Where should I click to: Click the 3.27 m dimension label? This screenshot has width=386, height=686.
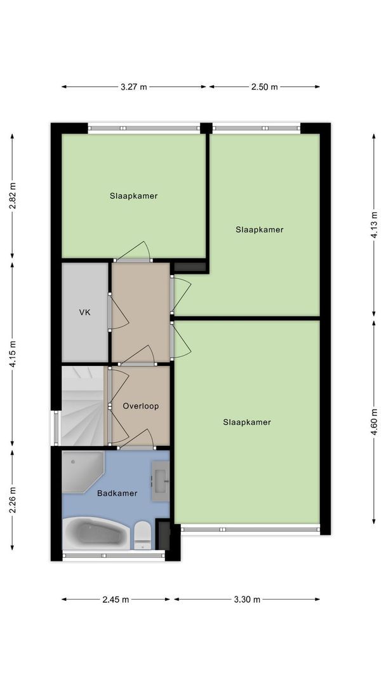click(x=133, y=87)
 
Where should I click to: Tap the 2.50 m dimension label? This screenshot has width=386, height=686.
click(x=265, y=87)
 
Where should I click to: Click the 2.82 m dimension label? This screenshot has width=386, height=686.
click(x=12, y=196)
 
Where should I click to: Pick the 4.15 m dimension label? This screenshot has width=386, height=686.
click(x=12, y=355)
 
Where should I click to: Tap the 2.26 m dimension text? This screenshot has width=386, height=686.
click(x=12, y=500)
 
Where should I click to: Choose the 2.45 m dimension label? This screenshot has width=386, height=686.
click(x=116, y=599)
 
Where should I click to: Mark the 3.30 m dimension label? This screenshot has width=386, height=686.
click(x=247, y=599)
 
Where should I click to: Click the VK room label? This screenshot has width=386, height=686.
click(x=84, y=313)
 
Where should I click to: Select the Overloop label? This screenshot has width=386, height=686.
click(x=140, y=406)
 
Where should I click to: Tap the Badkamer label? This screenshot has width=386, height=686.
click(x=117, y=493)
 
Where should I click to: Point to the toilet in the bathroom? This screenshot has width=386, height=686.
click(x=142, y=535)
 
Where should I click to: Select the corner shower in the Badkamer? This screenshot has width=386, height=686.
click(x=81, y=471)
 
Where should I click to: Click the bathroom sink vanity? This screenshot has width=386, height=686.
click(x=160, y=477)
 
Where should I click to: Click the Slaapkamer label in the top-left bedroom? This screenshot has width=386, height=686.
click(x=133, y=196)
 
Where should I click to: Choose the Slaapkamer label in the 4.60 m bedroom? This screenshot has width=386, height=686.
click(x=247, y=422)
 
